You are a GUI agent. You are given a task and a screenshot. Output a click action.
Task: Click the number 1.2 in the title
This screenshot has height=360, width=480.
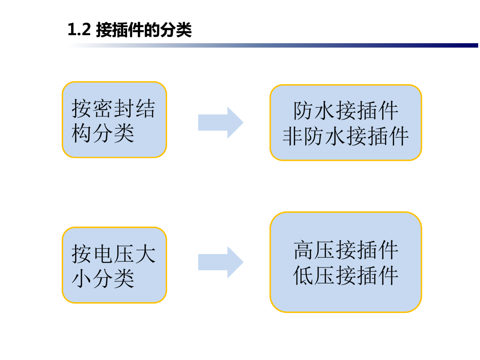coord(79,30)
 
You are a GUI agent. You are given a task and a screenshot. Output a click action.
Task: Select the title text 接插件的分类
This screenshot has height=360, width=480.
coord(144,30)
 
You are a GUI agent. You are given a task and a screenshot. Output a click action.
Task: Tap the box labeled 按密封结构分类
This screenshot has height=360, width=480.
coord(114,120)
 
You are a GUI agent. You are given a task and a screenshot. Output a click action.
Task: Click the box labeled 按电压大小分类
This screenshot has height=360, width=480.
coord(114,265)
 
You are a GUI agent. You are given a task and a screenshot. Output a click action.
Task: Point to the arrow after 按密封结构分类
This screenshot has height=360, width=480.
coord(221,123)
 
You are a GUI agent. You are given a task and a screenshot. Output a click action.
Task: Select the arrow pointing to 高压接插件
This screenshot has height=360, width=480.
coord(221,262)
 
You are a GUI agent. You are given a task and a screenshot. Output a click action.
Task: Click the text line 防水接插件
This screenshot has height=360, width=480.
coord(346,111)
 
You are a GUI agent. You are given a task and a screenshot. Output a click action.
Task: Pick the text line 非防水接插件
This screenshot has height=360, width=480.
coord(346,136)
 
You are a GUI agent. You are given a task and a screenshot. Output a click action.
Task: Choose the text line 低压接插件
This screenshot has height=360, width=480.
coord(346,276)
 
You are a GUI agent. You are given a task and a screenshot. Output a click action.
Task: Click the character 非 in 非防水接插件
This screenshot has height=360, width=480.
coord(292,136)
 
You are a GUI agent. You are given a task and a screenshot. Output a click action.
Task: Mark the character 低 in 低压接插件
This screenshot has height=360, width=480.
coord(304,276)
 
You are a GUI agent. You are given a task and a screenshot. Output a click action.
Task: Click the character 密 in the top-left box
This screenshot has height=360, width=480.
coord(103,108)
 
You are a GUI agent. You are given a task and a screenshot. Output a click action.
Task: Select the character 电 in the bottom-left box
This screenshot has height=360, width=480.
coord(103,254)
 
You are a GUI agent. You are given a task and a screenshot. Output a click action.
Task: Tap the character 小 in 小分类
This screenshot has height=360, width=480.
coord(82,279)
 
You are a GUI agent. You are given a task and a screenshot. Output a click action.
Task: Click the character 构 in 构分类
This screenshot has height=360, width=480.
coord(82,133)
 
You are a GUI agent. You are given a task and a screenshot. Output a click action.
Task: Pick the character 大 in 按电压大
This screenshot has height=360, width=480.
coord(146,254)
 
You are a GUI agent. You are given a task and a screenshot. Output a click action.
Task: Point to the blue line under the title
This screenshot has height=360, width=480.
coord(272,45)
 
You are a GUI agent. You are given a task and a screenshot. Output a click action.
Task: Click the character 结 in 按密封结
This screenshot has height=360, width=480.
coord(146,108)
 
